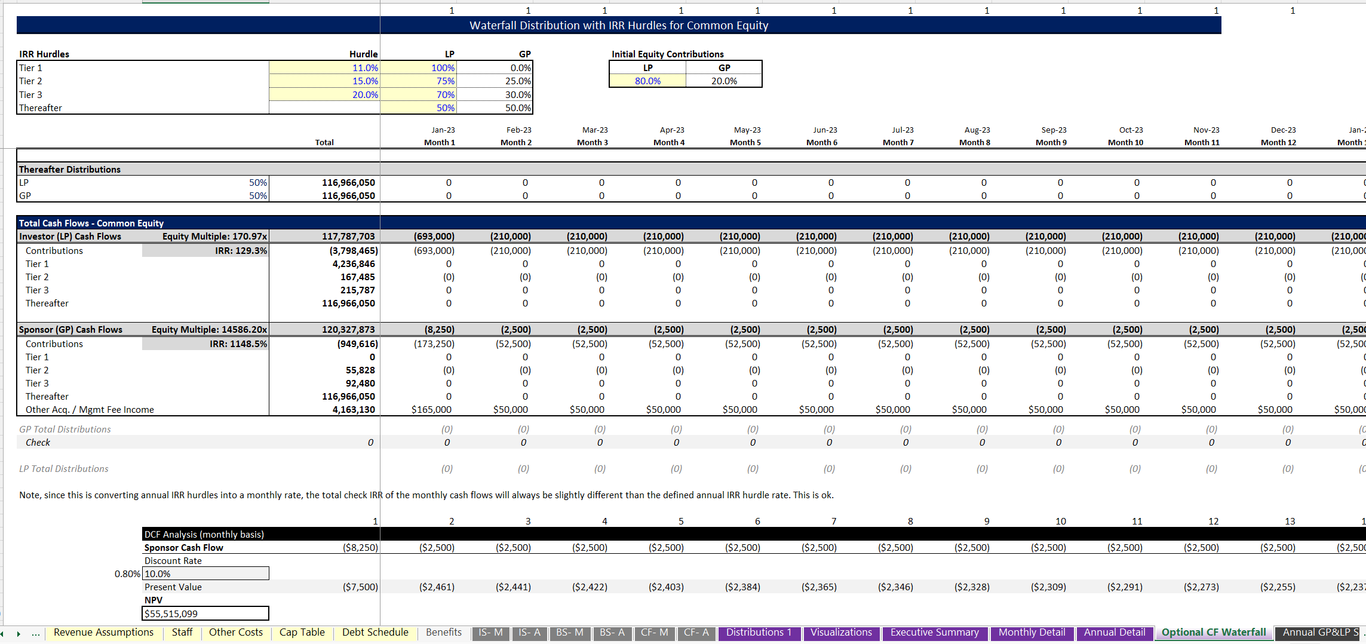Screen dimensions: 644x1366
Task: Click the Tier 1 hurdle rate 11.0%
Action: [x=365, y=68]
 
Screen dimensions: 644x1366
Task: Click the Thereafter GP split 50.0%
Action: [x=518, y=108]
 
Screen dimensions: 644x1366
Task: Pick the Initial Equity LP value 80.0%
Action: [x=647, y=81]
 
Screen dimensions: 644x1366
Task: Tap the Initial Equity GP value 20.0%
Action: [x=724, y=81]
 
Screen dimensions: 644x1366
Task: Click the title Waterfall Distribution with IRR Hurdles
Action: [x=618, y=26]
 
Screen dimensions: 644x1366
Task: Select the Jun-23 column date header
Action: [x=825, y=130]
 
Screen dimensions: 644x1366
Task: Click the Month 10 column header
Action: [x=1125, y=143]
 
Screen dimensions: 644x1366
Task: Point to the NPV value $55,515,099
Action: [x=171, y=614]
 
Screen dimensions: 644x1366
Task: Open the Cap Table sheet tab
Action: [x=302, y=633]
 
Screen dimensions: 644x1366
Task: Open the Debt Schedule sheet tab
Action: [x=375, y=633]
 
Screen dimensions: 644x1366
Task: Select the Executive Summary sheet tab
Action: [x=934, y=633]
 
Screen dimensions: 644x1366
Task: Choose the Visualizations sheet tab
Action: [x=841, y=633]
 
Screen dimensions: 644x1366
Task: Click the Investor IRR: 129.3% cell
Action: [x=241, y=251]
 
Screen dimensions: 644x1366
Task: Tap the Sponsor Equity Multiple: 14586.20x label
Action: [x=209, y=330]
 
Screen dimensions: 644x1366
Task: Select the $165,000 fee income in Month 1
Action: [x=431, y=410]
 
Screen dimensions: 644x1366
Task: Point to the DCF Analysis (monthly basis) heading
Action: [x=204, y=535]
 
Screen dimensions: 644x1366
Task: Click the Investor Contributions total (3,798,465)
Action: [x=354, y=251]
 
